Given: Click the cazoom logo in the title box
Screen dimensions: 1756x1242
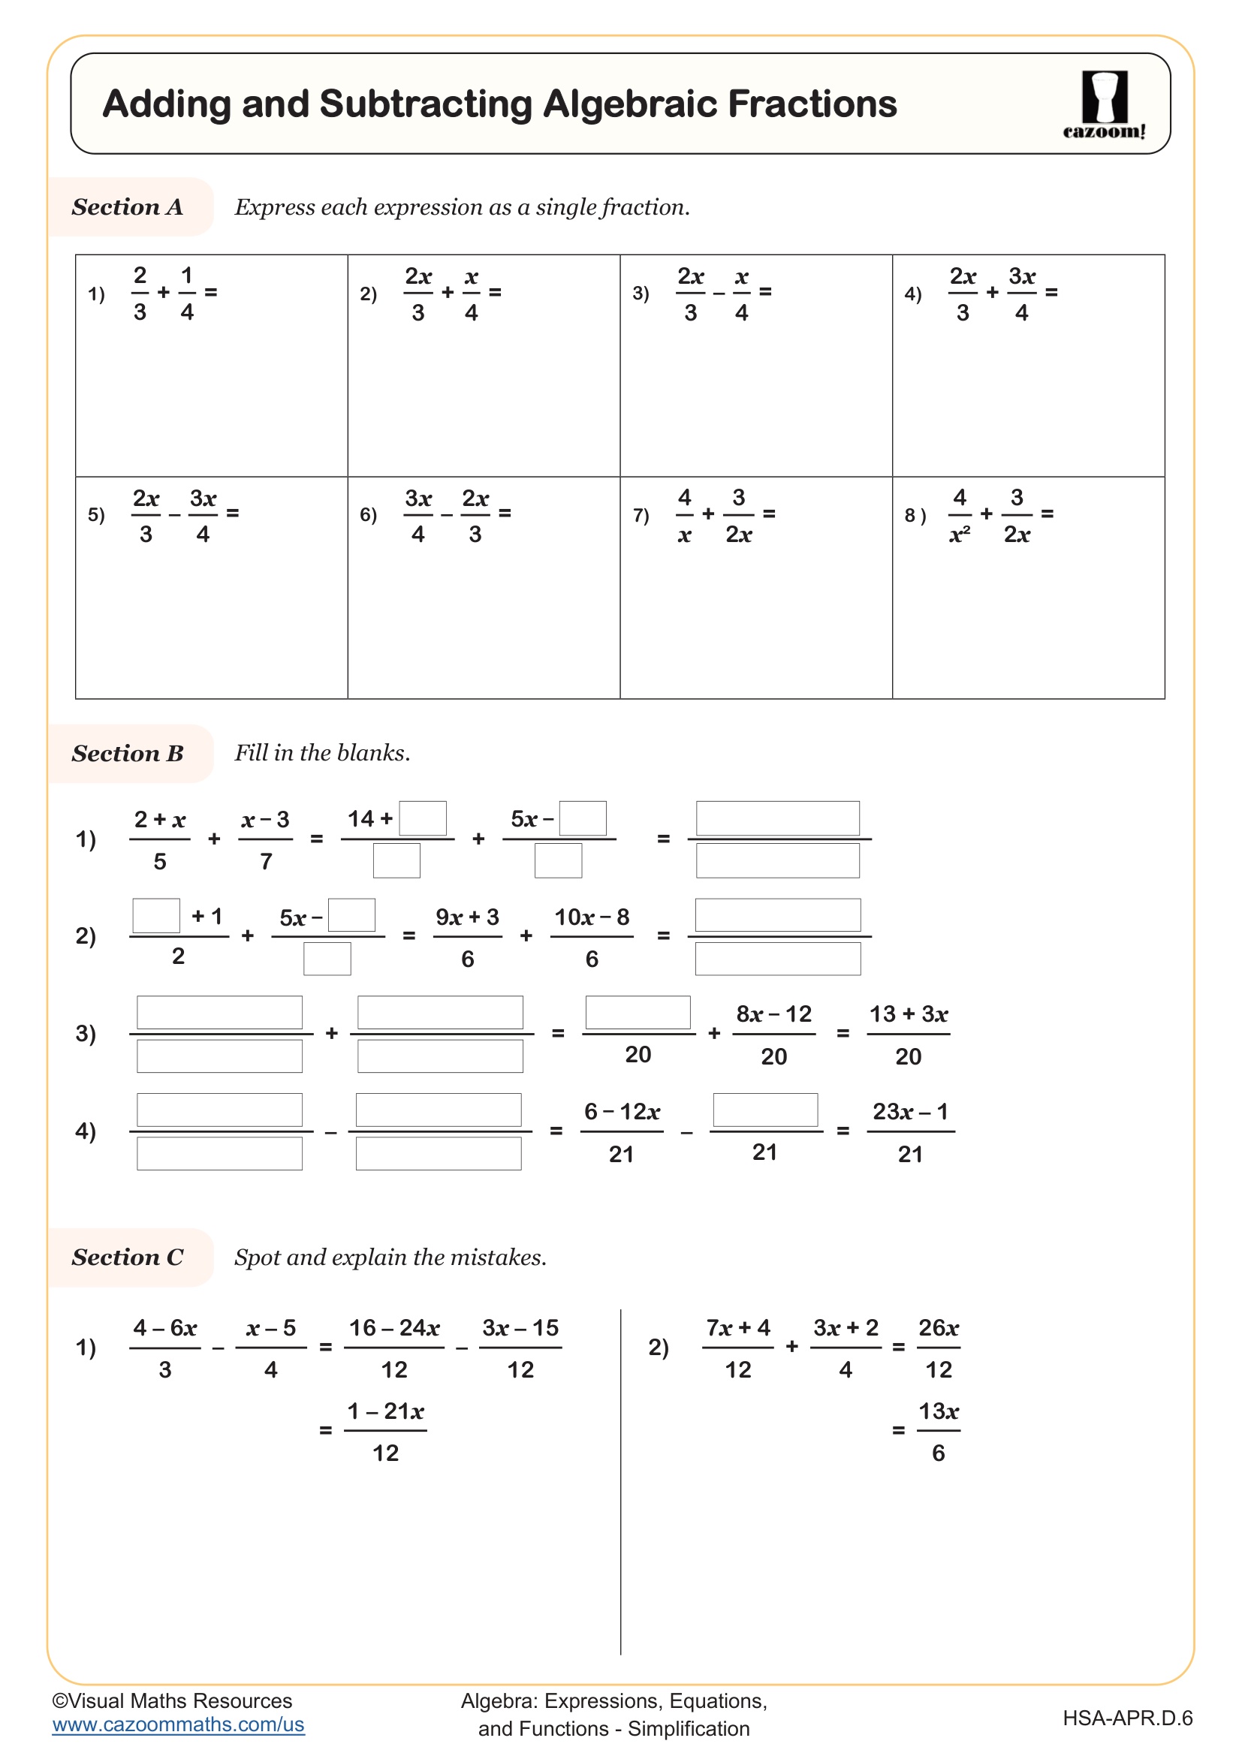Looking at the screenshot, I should (1104, 105).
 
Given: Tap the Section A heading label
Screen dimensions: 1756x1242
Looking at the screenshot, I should (128, 207).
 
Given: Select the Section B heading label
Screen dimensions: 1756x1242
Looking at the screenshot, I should (128, 753).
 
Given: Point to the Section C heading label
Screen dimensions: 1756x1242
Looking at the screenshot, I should (128, 1258).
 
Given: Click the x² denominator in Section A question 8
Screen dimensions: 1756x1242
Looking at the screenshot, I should (959, 535).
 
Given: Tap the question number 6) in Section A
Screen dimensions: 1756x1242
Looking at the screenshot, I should (369, 515).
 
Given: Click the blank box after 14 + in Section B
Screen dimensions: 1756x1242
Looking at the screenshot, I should (423, 818).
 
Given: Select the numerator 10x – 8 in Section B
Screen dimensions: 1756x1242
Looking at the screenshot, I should (592, 917).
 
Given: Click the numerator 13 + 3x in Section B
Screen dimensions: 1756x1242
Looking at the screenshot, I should (909, 1014).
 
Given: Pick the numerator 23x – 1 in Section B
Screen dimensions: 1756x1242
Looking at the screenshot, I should (910, 1111).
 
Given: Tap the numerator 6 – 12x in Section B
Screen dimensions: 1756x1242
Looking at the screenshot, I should (622, 1111).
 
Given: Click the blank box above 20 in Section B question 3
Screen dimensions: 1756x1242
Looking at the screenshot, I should (638, 1013).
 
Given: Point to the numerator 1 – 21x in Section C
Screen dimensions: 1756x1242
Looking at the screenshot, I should (385, 1411).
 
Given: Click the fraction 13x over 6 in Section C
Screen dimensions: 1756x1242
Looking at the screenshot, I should (939, 1431).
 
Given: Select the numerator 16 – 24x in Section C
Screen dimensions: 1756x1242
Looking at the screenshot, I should (395, 1328).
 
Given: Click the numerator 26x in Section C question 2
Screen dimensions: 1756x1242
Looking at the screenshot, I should (939, 1328).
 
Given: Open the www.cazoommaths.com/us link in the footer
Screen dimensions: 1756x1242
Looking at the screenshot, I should (178, 1724).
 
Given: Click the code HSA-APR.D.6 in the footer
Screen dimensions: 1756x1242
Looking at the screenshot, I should (1127, 1718).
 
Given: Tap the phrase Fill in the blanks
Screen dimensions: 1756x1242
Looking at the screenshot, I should (322, 753).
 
